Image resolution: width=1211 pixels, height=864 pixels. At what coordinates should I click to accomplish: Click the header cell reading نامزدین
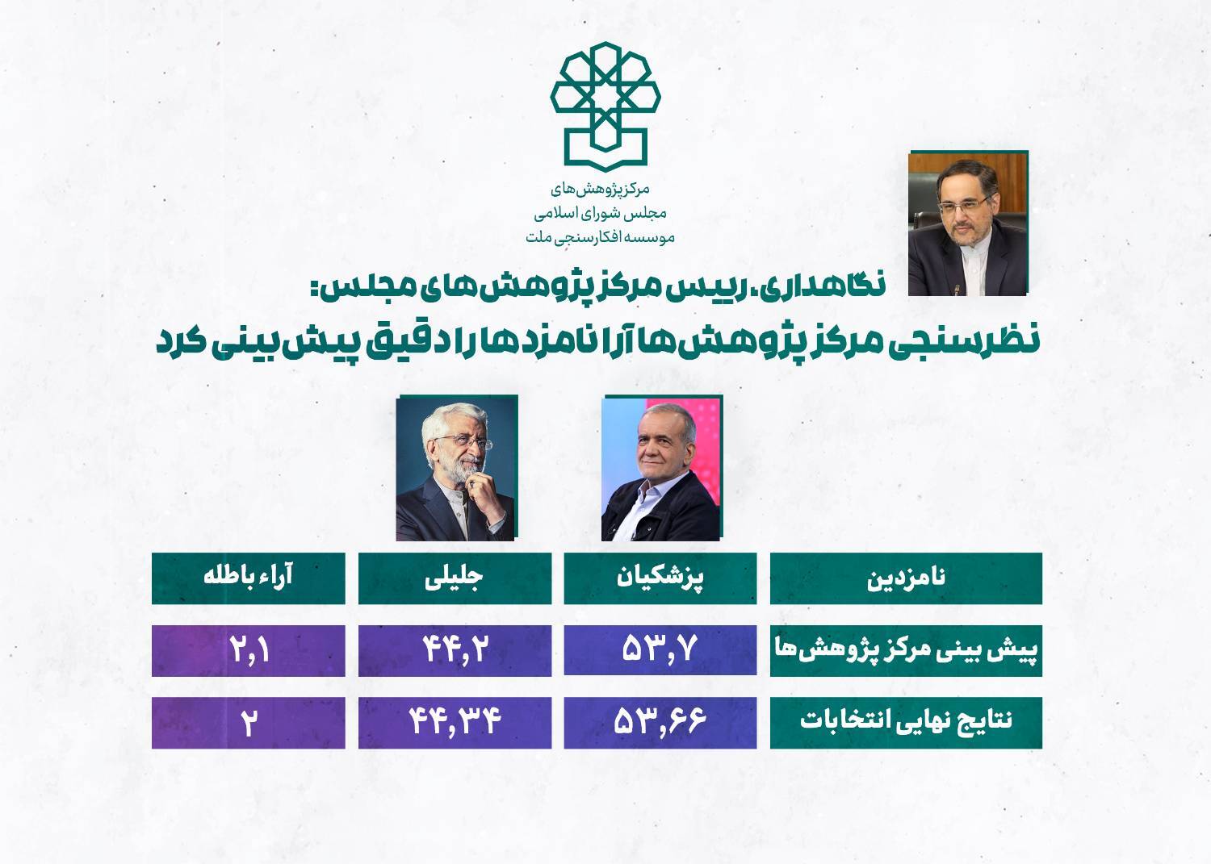click(x=906, y=578)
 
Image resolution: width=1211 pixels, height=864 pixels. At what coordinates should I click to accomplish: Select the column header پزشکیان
click(x=660, y=578)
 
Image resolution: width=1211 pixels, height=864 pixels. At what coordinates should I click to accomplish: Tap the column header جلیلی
click(x=455, y=578)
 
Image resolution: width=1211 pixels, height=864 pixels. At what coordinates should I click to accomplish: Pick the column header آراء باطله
click(x=248, y=578)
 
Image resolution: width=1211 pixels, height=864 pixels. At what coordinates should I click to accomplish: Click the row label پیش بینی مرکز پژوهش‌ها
click(x=906, y=651)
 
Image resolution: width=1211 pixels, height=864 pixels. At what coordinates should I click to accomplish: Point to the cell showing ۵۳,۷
click(x=660, y=651)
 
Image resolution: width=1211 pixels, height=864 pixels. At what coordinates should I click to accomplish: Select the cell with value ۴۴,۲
click(x=455, y=651)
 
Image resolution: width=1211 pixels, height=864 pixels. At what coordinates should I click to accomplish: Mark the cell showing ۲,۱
click(x=248, y=651)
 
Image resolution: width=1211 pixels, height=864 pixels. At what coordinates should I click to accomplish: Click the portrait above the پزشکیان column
click(x=661, y=469)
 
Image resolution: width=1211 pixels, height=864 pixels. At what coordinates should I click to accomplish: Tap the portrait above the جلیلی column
click(x=456, y=469)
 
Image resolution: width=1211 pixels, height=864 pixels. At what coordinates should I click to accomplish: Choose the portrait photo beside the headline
click(x=967, y=223)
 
